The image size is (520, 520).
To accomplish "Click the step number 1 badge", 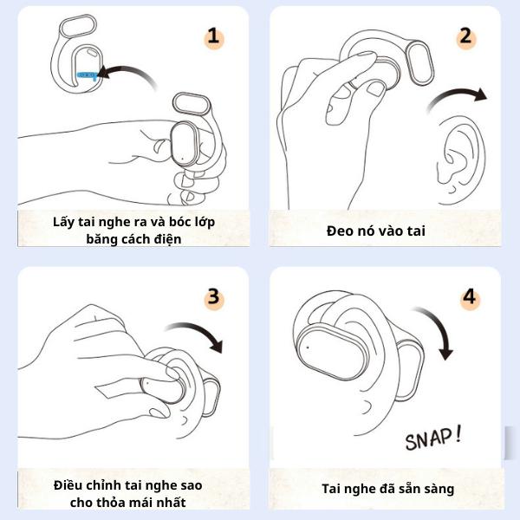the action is (x=213, y=37).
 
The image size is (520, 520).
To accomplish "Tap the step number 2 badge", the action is (x=465, y=37).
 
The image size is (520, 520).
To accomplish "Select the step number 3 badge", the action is (x=214, y=298).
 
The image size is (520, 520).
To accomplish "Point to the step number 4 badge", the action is (x=469, y=298).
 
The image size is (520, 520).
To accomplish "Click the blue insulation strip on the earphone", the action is (x=88, y=75).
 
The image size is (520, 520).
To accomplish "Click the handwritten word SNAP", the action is (x=428, y=439).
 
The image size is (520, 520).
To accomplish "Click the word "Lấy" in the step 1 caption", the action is (x=63, y=222).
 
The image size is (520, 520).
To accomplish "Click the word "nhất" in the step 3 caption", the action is (x=172, y=503).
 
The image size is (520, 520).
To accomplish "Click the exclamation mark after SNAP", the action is (x=458, y=434).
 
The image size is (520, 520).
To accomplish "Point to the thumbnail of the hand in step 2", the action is (x=375, y=88).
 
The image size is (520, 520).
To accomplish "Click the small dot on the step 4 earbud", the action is (x=308, y=348).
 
